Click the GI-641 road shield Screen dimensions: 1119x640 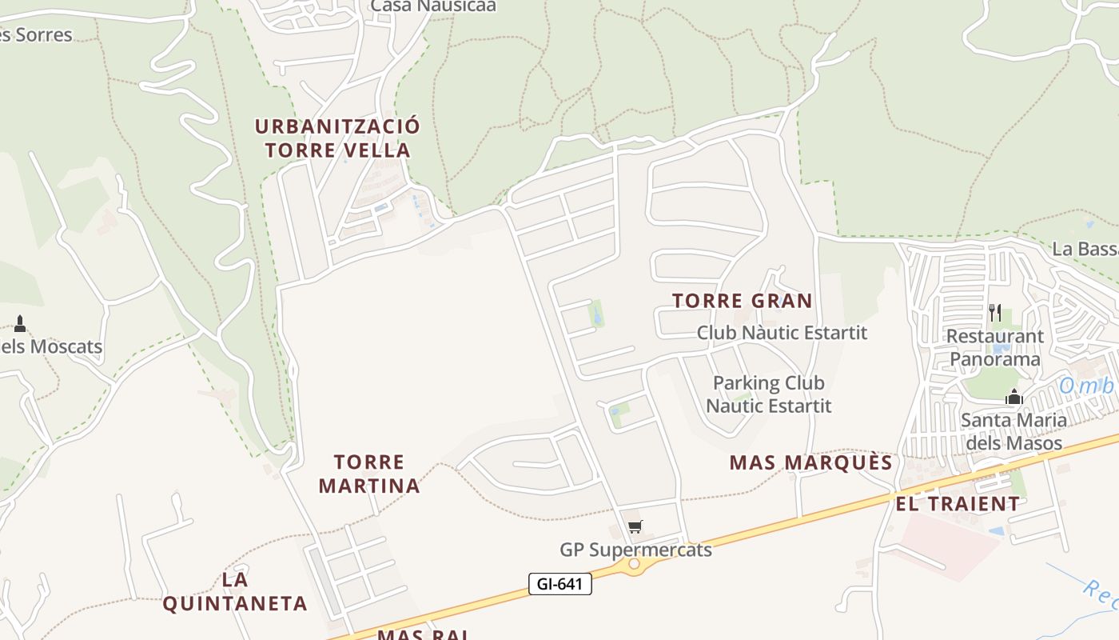coord(559,584)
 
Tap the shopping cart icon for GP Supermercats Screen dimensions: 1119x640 coord(635,526)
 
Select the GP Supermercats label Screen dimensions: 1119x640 coord(635,550)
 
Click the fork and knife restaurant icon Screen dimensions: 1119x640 coord(995,312)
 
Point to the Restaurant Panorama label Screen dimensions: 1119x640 coord(995,348)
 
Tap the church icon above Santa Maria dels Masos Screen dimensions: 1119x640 coord(1014,396)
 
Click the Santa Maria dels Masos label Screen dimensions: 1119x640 coord(1013,431)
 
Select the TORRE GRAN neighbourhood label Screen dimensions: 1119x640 coord(742,301)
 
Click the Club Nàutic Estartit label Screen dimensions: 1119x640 coord(782,332)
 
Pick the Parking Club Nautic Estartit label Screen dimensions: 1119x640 coord(769,394)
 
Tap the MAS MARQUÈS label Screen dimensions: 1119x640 coord(810,462)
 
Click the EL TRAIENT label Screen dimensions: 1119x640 coord(958,504)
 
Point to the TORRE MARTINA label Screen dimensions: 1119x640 coord(369,474)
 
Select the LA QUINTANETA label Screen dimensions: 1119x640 coord(235,591)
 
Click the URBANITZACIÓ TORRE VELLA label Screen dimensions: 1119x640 coord(337,138)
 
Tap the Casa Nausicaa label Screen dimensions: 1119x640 coord(433,6)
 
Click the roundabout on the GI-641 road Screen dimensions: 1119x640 coord(635,564)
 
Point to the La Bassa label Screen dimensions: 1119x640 coord(1085,249)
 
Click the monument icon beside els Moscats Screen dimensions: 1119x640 coord(20,324)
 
